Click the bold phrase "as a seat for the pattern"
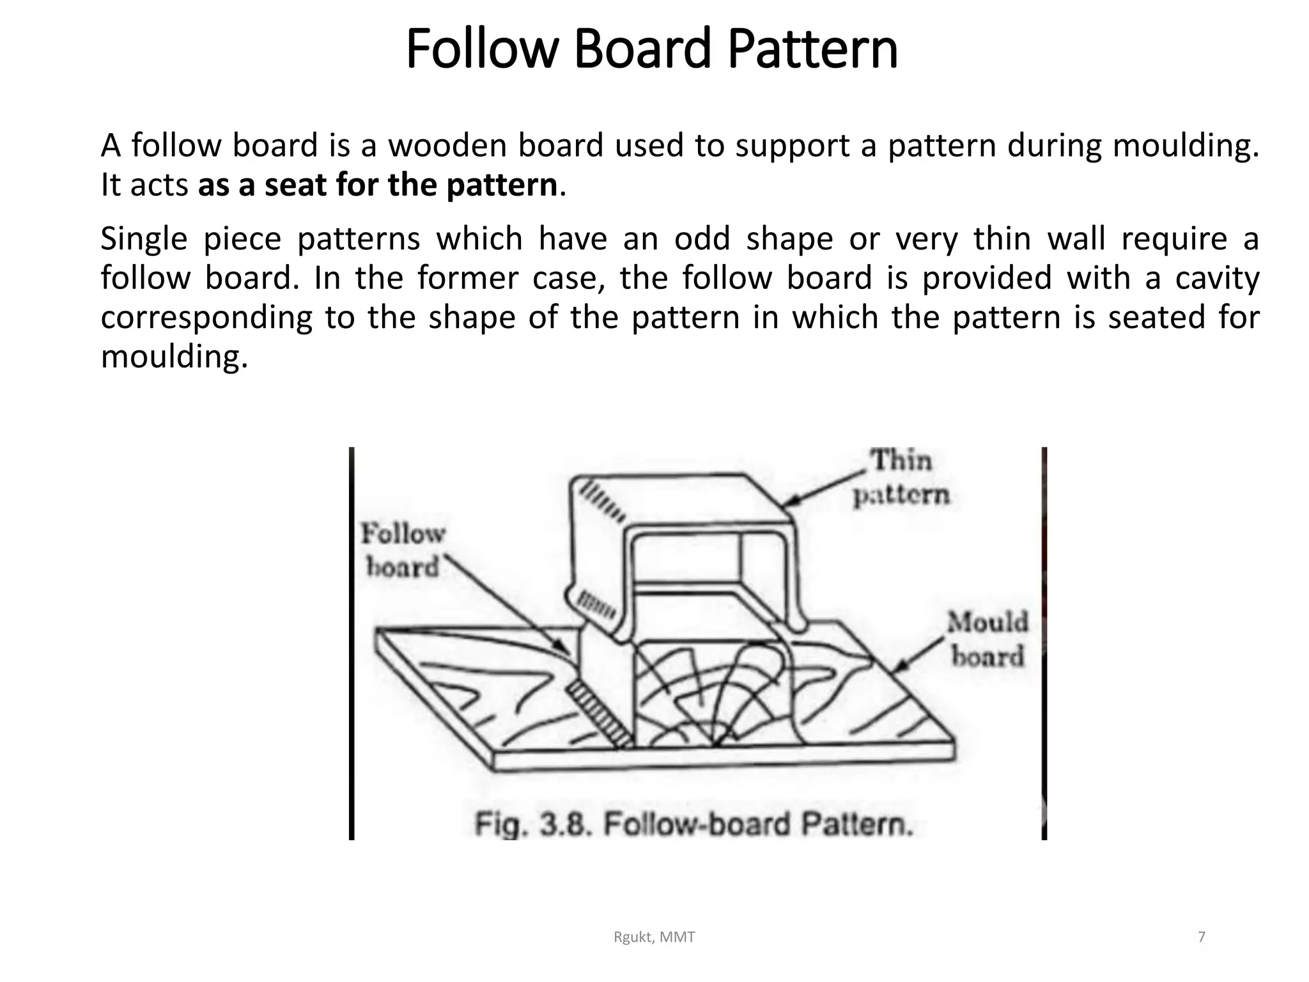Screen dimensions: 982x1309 point(378,185)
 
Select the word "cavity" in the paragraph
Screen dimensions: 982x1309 point(1217,278)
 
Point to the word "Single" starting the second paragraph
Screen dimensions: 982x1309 point(144,239)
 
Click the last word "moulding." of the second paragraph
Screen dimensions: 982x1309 point(174,357)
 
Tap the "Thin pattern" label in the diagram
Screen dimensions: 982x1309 point(902,477)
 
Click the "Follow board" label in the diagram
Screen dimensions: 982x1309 point(403,550)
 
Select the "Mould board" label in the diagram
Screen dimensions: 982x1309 point(988,639)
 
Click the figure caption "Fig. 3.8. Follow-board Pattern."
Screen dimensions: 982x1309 point(693,824)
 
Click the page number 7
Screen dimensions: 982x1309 point(1202,937)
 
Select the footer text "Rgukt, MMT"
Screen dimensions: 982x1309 point(654,937)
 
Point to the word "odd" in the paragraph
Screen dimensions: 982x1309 point(702,239)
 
